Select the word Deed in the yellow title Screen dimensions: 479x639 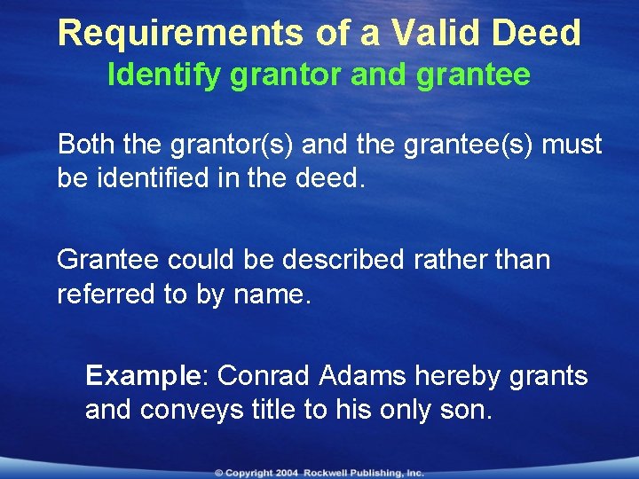point(538,33)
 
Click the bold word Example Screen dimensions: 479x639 point(145,376)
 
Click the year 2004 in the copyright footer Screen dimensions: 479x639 point(285,473)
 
